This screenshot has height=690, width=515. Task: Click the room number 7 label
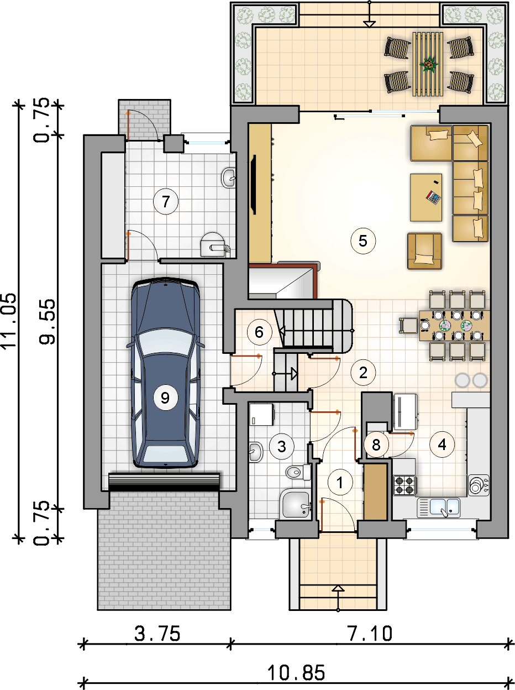[x=166, y=201]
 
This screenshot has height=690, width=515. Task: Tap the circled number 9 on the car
[x=165, y=398]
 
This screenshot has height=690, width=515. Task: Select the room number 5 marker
[x=363, y=241]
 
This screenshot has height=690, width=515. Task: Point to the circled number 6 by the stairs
[x=259, y=332]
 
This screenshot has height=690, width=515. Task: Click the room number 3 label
[x=282, y=446]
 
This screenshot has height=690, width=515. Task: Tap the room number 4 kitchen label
[x=442, y=445]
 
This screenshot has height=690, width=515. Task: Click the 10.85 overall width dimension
[x=296, y=673]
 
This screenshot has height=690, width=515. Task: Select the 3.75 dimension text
[x=157, y=634]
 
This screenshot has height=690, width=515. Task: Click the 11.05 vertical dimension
[x=8, y=321]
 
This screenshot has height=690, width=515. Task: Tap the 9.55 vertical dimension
[x=47, y=321]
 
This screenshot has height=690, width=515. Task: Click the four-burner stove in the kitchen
[x=405, y=485]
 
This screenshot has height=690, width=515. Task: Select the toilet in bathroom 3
[x=298, y=472]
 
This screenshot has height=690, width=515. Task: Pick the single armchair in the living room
[x=424, y=251]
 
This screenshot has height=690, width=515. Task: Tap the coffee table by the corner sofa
[x=426, y=197]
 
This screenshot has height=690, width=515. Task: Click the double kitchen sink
[x=439, y=508]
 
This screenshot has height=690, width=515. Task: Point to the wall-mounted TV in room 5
[x=253, y=185]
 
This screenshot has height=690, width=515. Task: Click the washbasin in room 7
[x=229, y=178]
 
